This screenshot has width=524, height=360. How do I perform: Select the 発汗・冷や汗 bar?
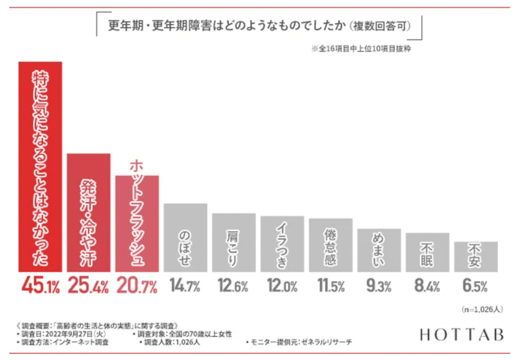tap(88, 213)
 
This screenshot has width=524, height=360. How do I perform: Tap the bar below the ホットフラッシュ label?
tap(137, 225)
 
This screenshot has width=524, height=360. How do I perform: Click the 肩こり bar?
tap(234, 243)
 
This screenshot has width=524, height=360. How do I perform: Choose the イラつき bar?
tap(282, 245)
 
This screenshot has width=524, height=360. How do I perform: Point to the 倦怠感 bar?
tap(330, 245)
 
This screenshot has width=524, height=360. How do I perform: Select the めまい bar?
tap(379, 250)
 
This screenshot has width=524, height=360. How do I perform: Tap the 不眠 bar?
tap(427, 252)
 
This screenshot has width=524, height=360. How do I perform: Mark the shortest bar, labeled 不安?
tap(475, 256)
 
